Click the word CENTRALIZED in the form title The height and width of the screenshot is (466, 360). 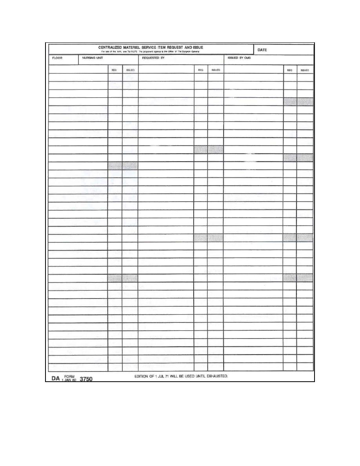point(111,47)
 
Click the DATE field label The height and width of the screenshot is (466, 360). point(262,50)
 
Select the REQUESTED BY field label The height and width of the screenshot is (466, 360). point(153,58)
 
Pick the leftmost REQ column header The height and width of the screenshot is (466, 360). point(115,70)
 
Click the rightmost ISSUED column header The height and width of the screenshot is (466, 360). point(305,70)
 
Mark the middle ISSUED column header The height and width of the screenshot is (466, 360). point(216,70)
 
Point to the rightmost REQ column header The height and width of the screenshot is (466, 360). point(290,70)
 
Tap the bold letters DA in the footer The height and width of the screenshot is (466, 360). point(55,379)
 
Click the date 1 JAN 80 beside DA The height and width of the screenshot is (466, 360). point(69,380)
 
